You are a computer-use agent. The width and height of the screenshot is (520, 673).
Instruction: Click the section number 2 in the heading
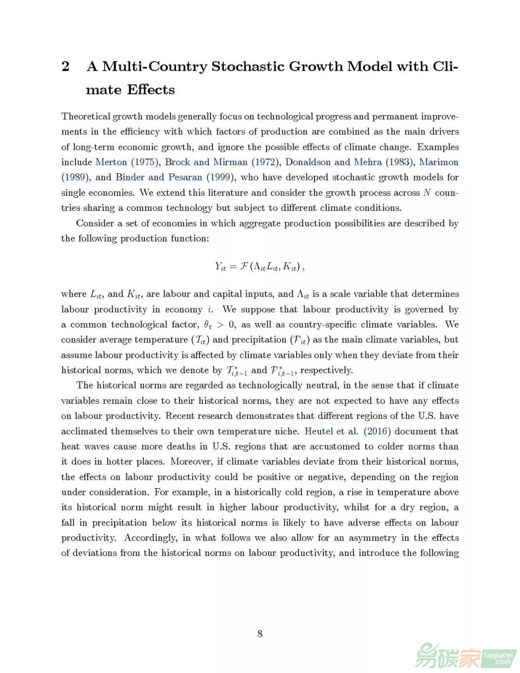[x=65, y=66]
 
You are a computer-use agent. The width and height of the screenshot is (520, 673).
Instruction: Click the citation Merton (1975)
[x=127, y=162]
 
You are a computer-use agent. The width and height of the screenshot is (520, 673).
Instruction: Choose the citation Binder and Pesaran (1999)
[x=174, y=177]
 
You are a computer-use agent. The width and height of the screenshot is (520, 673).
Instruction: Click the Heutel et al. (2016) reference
[x=348, y=431]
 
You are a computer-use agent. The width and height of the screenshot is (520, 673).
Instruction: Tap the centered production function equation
[x=260, y=266]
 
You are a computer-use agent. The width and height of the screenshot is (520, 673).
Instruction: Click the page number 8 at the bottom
[x=260, y=634]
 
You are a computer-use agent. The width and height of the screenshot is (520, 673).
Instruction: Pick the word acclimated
[x=84, y=431]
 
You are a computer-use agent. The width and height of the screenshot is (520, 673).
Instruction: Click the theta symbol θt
[x=208, y=325]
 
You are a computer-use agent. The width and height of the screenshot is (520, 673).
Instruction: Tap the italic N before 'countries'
[x=427, y=193]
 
